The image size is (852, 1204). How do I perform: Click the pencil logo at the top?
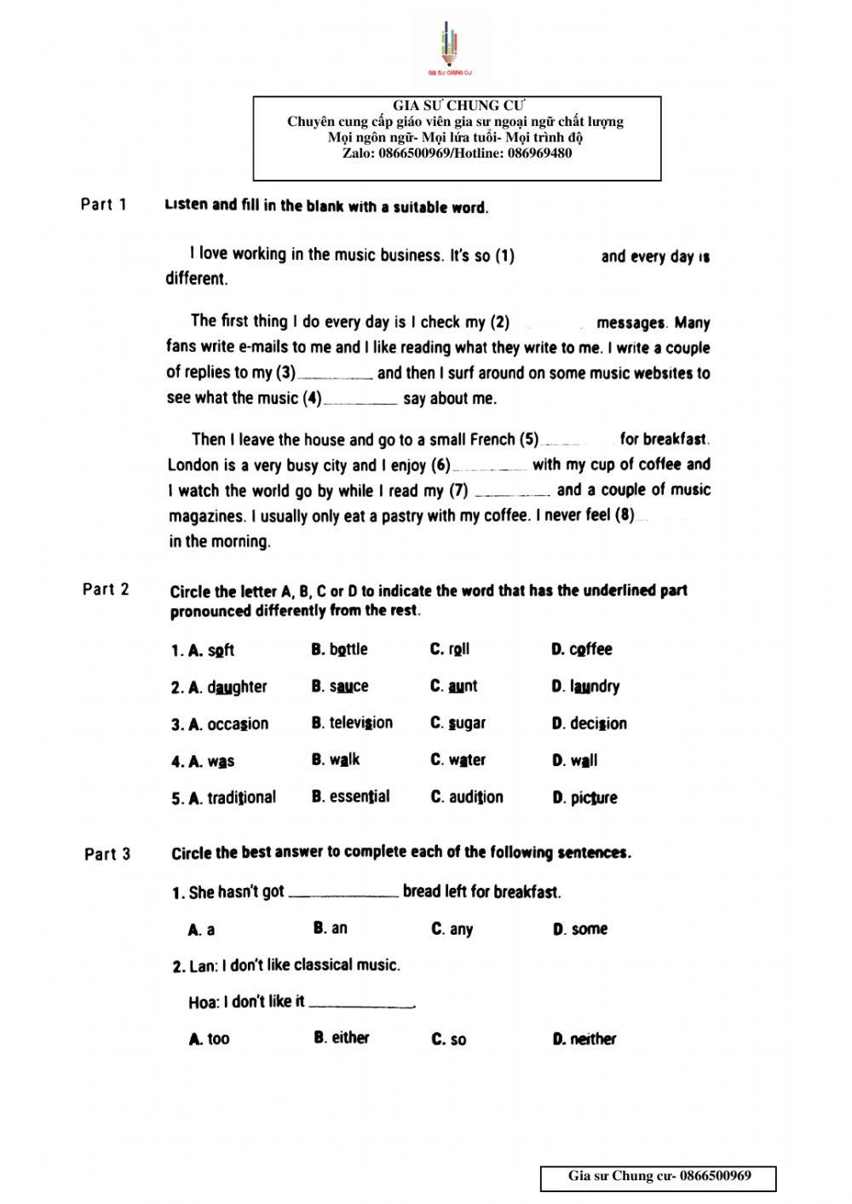tap(450, 48)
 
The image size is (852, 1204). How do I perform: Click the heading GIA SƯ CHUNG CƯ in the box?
tap(458, 106)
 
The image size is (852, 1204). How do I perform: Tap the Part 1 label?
tap(104, 205)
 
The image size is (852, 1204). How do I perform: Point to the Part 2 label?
tap(106, 589)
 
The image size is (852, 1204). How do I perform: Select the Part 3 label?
tap(108, 854)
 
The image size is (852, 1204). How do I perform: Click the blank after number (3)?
tap(336, 374)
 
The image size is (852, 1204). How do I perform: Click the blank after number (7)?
tap(511, 492)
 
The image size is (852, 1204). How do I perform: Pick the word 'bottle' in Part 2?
tap(348, 649)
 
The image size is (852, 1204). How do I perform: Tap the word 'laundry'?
tap(595, 686)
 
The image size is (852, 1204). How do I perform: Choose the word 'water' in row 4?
tap(467, 760)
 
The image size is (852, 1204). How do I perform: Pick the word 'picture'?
tap(594, 798)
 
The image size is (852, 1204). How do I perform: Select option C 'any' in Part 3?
tap(460, 930)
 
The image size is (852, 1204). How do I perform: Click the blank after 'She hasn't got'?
tap(343, 893)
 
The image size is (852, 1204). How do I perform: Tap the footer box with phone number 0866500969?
tap(659, 1178)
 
